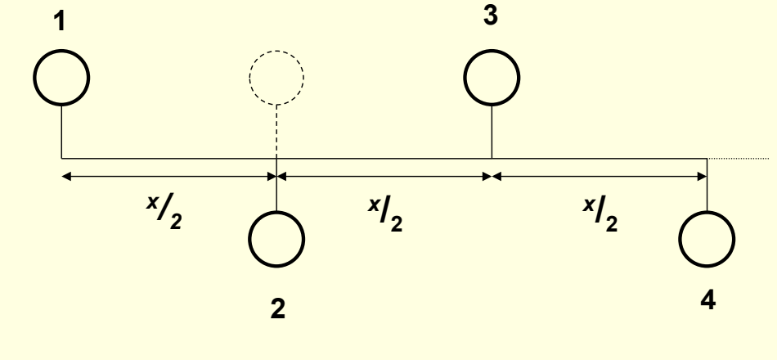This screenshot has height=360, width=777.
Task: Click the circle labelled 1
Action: click(x=62, y=77)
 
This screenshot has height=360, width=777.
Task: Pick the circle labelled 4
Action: click(x=707, y=238)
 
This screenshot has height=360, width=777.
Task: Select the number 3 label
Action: click(x=491, y=18)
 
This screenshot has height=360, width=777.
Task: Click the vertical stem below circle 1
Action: click(x=62, y=131)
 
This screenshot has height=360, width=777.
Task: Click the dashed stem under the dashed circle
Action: click(x=277, y=131)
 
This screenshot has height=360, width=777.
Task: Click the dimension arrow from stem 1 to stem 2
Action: click(x=169, y=175)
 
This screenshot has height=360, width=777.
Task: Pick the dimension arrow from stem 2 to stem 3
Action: click(x=384, y=175)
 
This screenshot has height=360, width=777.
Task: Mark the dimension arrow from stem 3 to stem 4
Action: click(x=600, y=175)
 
